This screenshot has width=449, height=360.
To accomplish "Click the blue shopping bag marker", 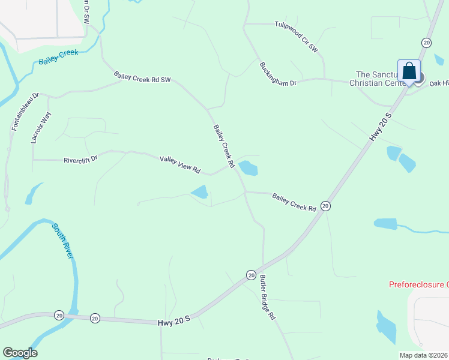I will coord(409,71).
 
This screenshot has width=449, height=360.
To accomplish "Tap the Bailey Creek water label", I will coord(59,58).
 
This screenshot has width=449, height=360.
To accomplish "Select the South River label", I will coord(62,241).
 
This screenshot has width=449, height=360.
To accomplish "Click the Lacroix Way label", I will coord(38,127).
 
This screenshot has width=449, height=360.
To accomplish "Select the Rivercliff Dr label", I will coord(80,160).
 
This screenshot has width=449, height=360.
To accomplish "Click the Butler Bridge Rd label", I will coord(268,297).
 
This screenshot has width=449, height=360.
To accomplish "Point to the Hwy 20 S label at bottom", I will coord(174,322).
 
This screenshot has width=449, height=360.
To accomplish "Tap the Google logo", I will coord(20,353).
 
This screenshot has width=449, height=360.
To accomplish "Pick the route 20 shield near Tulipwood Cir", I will coord(426,42).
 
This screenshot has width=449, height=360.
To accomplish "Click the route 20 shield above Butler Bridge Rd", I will coord(251,275).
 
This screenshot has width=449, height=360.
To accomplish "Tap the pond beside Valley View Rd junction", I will coord(248,167).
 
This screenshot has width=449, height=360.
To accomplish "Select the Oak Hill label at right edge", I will coord(439,83).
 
